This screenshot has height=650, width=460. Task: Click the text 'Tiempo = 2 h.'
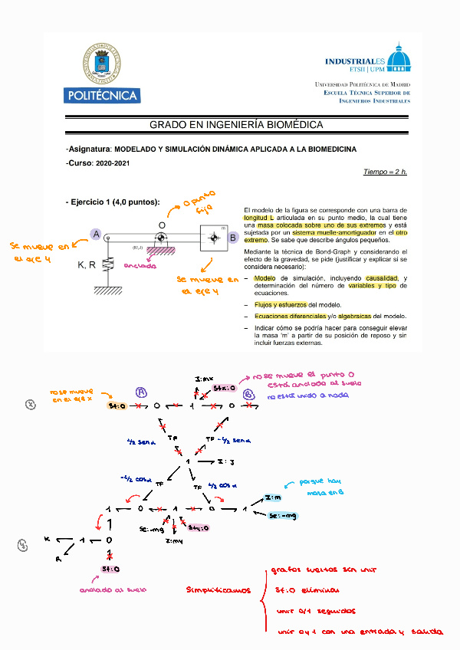point(386,172)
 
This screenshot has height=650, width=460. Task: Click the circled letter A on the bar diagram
point(96,235)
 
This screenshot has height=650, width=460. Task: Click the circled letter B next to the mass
point(233,238)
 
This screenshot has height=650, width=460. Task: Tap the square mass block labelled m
point(213,238)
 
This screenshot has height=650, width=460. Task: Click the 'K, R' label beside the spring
point(87,265)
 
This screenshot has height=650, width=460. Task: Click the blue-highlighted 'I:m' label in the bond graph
point(273,498)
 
